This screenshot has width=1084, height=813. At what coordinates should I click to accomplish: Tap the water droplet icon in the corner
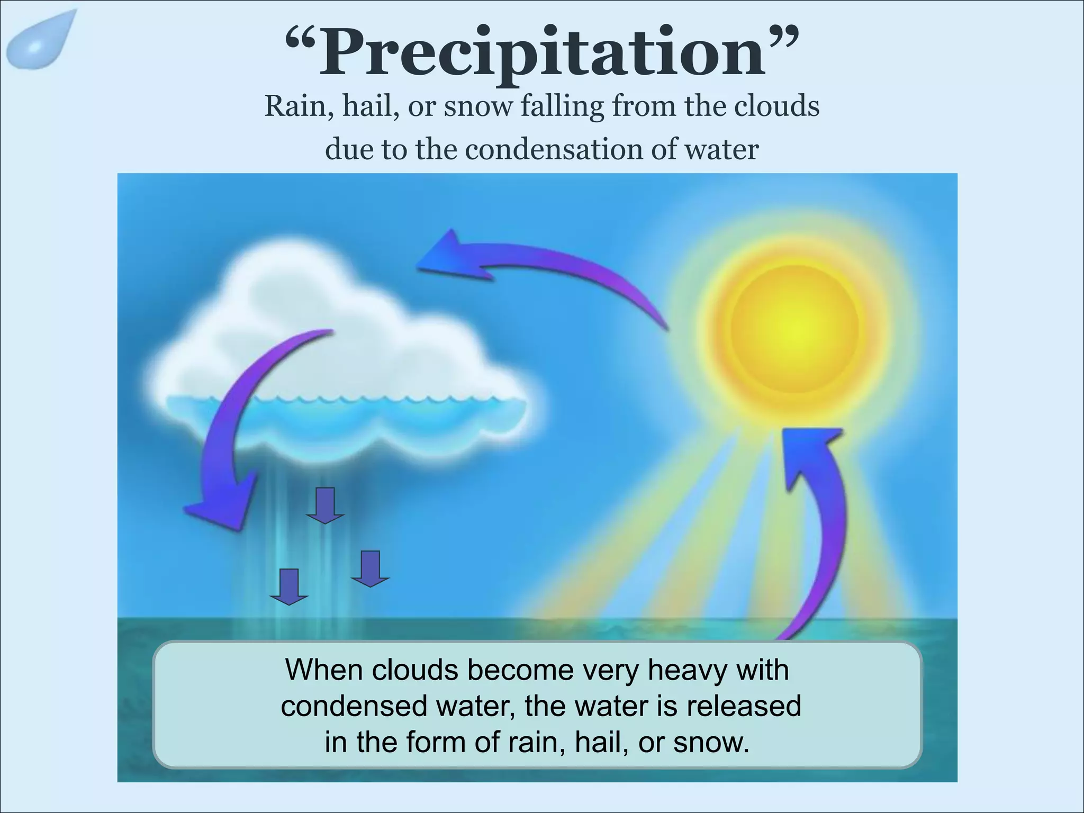(x=40, y=41)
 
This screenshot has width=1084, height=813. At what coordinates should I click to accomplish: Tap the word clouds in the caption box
(x=414, y=670)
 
